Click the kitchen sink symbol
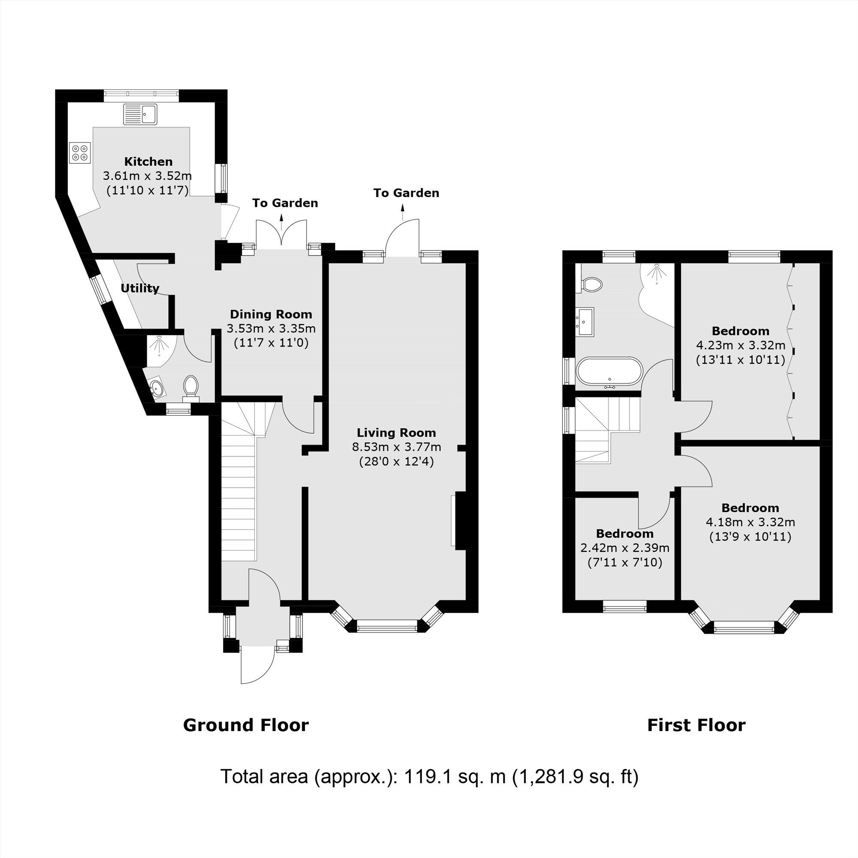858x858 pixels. [140, 114]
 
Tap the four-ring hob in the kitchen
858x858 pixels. [80, 153]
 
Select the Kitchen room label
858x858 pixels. [148, 161]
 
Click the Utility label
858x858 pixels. [140, 288]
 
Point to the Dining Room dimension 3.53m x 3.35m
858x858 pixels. [271, 329]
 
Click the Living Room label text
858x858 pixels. [396, 432]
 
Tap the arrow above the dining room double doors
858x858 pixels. [281, 219]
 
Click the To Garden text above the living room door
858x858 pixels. [406, 193]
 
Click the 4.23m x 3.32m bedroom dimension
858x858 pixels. [740, 344]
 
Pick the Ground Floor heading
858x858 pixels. [245, 725]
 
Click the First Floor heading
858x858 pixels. [696, 725]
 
